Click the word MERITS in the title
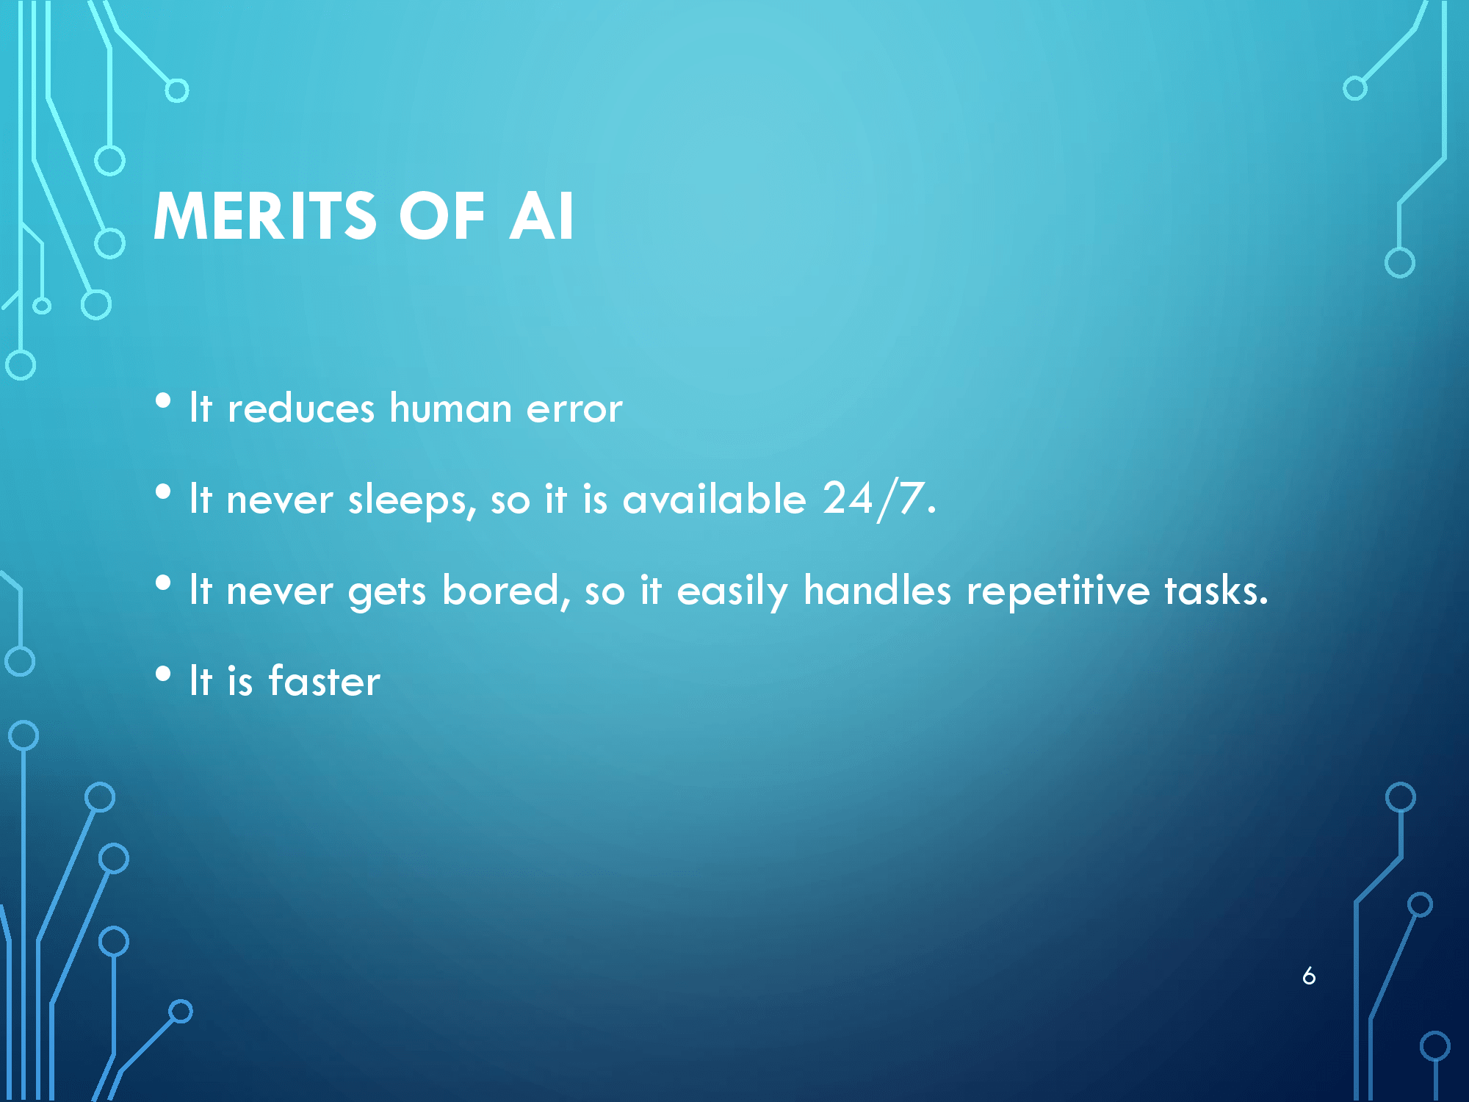pyautogui.click(x=265, y=216)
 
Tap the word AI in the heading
pyautogui.click(x=541, y=216)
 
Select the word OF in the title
pyautogui.click(x=442, y=216)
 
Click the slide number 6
pyautogui.click(x=1309, y=976)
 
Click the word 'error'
pyautogui.click(x=575, y=410)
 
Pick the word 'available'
pyautogui.click(x=715, y=499)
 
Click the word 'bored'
pyautogui.click(x=506, y=591)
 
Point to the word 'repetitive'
pyautogui.click(x=1058, y=592)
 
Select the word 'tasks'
pyautogui.click(x=1216, y=591)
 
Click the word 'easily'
pyautogui.click(x=732, y=592)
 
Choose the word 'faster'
pyautogui.click(x=325, y=680)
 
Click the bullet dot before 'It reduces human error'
pyautogui.click(x=163, y=401)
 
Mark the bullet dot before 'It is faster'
pyautogui.click(x=163, y=674)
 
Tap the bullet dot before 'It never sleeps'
pyautogui.click(x=163, y=492)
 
